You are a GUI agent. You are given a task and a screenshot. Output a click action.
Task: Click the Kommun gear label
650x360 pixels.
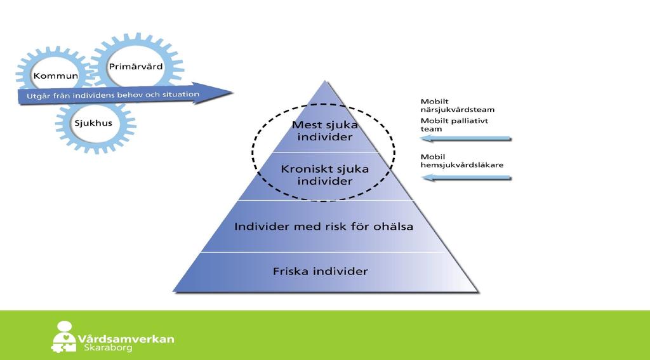(56, 76)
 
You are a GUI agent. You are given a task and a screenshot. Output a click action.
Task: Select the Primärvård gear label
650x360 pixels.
(136, 67)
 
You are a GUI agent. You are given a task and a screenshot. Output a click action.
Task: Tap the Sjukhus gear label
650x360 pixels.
(93, 123)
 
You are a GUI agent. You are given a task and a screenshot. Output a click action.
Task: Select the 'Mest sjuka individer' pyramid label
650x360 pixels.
(324, 131)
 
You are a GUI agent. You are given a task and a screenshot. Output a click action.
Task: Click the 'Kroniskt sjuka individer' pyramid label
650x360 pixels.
(324, 175)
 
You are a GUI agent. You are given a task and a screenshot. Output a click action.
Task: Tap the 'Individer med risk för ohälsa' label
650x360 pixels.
(324, 227)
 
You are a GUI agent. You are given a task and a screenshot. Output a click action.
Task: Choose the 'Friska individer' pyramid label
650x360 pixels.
(320, 271)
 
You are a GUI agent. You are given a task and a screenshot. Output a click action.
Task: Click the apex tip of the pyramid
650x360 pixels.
(325, 81)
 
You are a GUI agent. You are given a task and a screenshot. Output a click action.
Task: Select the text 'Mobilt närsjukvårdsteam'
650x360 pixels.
(457, 105)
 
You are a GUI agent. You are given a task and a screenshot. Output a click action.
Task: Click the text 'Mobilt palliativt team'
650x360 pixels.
(454, 125)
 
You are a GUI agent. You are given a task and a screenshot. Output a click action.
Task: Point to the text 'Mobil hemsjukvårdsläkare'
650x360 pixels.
(462, 161)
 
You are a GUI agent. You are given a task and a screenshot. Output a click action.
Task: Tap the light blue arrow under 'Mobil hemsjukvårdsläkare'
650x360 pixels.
(467, 178)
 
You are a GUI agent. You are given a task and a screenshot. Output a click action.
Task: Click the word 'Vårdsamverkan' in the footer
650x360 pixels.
(126, 338)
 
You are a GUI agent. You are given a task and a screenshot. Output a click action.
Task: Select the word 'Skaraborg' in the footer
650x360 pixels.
(108, 347)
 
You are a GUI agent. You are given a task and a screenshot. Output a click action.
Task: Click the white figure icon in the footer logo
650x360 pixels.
(64, 337)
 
